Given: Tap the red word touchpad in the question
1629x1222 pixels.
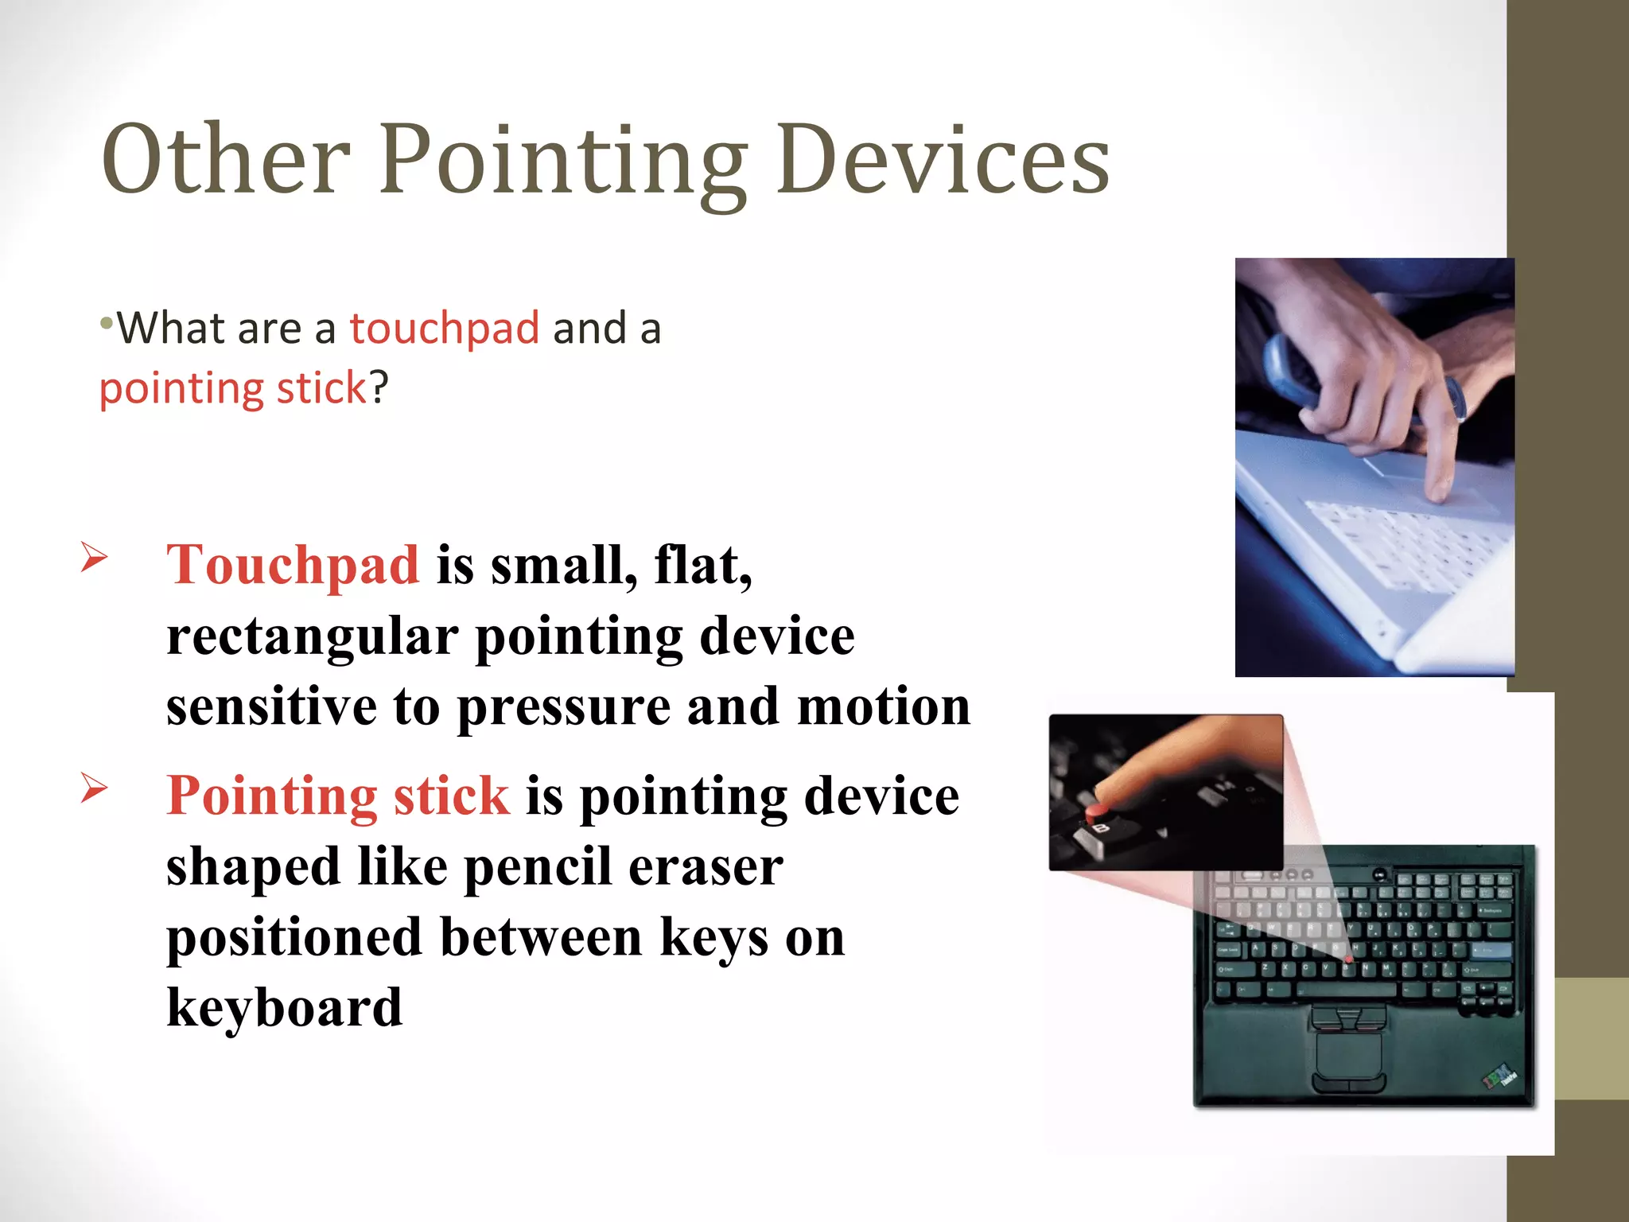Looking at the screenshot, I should (x=445, y=328).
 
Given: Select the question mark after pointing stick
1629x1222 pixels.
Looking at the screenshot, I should (x=379, y=388).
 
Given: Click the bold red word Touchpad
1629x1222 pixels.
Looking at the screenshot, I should (x=293, y=565).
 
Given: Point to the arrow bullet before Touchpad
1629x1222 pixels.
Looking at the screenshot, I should (x=94, y=557).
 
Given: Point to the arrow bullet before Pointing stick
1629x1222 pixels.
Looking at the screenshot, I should (x=94, y=788).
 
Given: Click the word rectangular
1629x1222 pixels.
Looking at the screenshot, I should (x=312, y=636).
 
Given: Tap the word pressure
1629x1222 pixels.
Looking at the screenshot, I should (x=563, y=706).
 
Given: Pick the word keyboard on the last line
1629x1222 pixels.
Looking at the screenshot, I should (x=284, y=1008).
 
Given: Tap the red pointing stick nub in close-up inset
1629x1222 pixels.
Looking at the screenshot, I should (x=1097, y=811).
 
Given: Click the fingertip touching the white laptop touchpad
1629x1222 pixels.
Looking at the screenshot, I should (x=1438, y=493).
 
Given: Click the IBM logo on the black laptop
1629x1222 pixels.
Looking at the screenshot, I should (x=1499, y=1078).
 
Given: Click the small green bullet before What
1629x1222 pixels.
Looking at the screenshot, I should (x=106, y=323).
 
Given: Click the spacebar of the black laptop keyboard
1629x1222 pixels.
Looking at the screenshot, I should (x=1346, y=990).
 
